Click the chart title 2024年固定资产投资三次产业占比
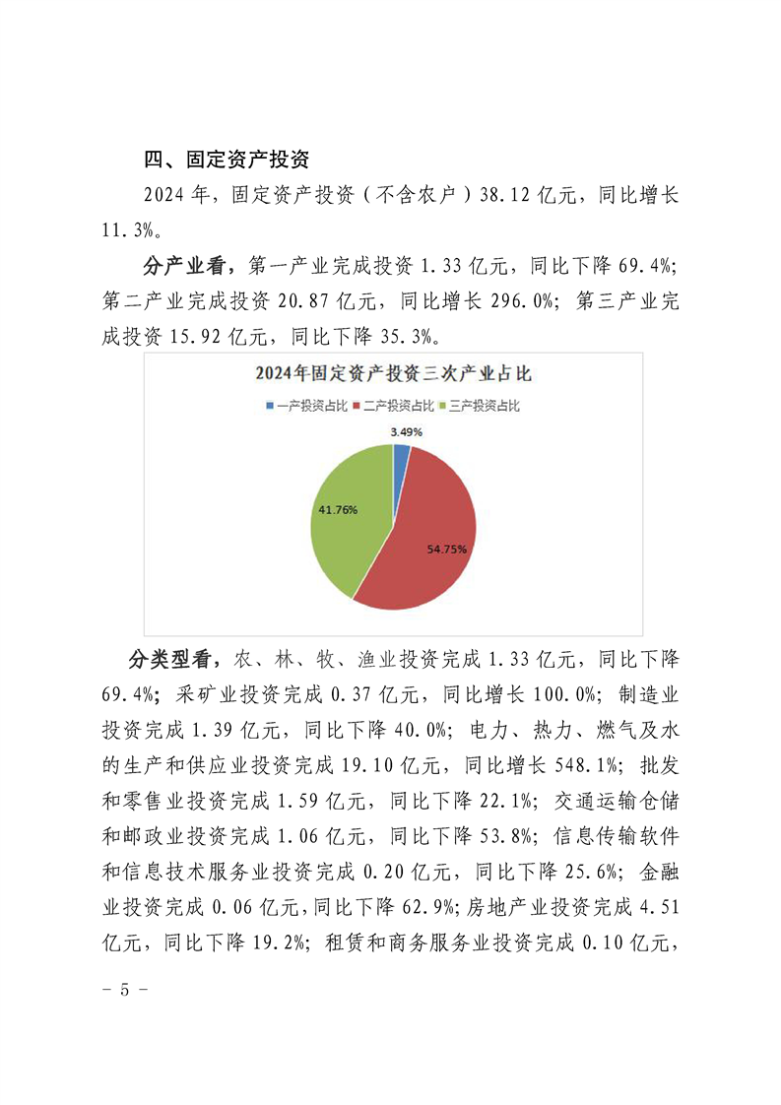tap(394, 373)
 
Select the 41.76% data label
tap(338, 510)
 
